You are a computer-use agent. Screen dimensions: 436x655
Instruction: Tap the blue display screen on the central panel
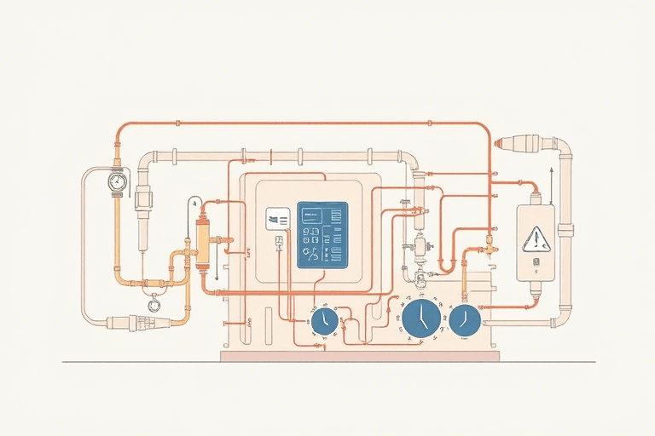322,235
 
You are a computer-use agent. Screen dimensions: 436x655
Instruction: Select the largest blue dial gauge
421,318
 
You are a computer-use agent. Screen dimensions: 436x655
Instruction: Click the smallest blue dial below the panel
323,321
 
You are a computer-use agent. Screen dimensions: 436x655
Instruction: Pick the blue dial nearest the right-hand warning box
465,318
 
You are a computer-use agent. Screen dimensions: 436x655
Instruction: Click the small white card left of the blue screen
278,219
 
